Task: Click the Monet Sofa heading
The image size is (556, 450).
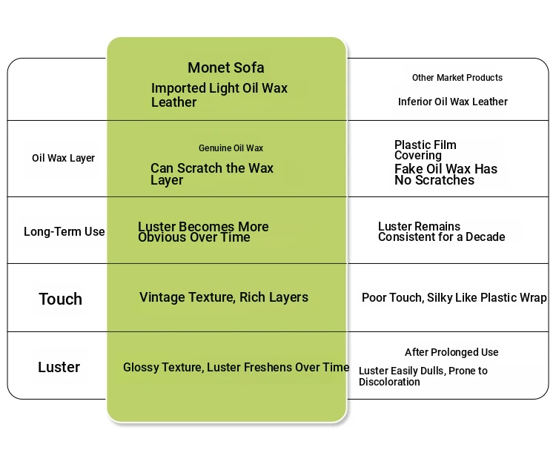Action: coord(225,68)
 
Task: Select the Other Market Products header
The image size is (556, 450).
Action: coord(457,78)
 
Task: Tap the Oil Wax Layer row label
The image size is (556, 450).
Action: coord(63,158)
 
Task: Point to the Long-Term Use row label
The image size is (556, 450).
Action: coord(64,232)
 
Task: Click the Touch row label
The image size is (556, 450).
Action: coord(60,300)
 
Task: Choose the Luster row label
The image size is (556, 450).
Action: coord(59,367)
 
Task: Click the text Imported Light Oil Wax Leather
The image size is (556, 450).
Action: coord(219,95)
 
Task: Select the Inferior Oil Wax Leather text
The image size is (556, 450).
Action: coord(452,102)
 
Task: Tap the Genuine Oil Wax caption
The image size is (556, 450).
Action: coord(231,148)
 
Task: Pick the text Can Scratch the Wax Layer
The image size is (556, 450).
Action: coord(211,174)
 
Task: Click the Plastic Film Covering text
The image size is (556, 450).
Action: coord(425,150)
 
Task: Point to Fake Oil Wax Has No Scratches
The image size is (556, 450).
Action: coord(445,174)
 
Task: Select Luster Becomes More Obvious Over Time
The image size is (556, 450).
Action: coord(202,232)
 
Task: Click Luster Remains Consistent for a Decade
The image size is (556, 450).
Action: coord(441,232)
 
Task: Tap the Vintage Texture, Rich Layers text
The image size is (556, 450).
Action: coord(223,297)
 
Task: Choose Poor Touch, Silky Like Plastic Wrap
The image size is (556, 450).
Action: coord(454,298)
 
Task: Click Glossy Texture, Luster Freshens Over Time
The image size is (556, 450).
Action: coord(236,367)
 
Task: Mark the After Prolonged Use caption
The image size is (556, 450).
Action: coord(451,352)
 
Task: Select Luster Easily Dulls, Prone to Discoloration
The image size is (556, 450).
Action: coord(423,377)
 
